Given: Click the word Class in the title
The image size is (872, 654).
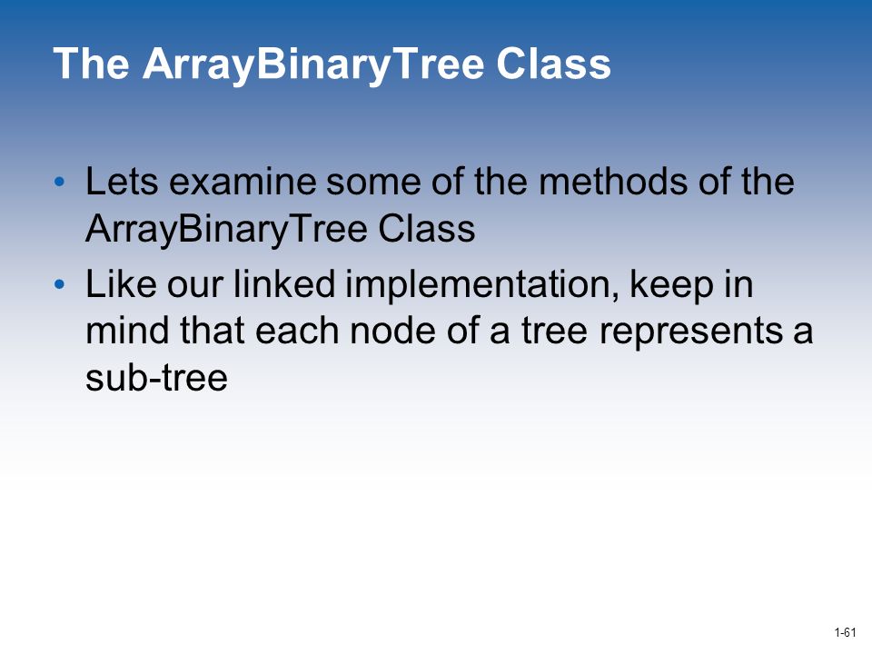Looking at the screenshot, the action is coord(553,64).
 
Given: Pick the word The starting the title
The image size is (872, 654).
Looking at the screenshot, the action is coord(92,64).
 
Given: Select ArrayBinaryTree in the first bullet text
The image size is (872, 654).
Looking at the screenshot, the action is coord(227,230).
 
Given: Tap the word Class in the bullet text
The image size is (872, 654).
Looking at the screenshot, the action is coord(427,228).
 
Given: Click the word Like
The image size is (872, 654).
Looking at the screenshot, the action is coord(121,283).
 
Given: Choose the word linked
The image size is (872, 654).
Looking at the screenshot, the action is coord(284,283).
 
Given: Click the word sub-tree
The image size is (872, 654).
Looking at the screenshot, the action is coord(157,378).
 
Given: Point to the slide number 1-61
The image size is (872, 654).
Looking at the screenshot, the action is coord(846,632).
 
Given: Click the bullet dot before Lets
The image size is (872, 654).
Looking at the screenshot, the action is coord(60,182).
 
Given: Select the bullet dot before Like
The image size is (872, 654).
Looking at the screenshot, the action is coord(60,284).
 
